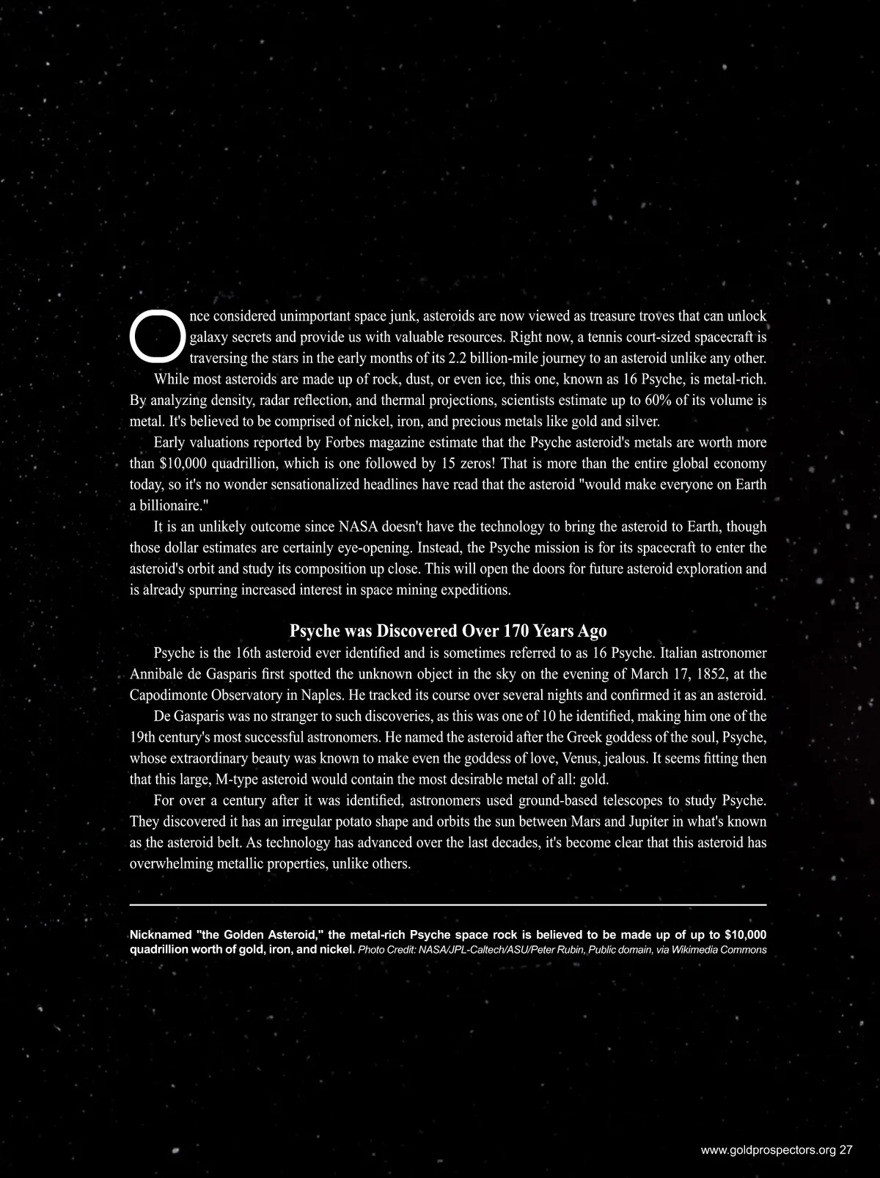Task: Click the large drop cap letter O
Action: [x=157, y=337]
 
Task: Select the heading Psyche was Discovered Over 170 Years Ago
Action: [x=448, y=631]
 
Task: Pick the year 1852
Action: [x=697, y=674]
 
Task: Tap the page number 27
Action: [x=846, y=1151]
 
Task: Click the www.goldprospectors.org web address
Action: [x=768, y=1151]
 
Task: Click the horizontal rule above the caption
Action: [x=448, y=905]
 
